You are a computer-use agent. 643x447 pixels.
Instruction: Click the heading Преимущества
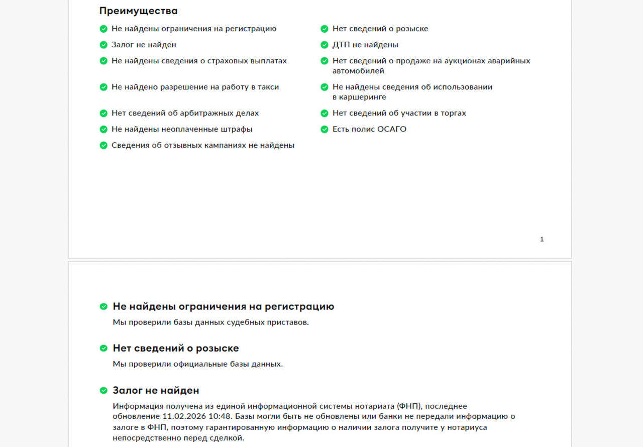point(138,11)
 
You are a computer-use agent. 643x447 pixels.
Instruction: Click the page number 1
point(542,240)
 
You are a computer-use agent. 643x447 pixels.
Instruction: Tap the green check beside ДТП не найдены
point(325,45)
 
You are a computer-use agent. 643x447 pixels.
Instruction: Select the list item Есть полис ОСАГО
point(369,129)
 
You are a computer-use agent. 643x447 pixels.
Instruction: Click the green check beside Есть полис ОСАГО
point(325,129)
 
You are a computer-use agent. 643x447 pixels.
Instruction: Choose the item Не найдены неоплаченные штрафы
point(182,129)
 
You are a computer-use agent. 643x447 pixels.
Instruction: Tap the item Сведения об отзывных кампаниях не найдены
point(202,145)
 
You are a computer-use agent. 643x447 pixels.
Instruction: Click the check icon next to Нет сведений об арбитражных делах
point(103,113)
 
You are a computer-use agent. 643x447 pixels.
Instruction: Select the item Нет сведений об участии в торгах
point(399,113)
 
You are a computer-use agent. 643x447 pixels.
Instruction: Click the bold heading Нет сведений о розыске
point(175,348)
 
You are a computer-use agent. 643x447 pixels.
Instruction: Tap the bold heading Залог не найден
point(156,390)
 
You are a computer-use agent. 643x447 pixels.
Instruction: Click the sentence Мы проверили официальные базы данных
point(197,364)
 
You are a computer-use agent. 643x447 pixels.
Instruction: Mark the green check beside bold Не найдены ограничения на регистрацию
point(103,306)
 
